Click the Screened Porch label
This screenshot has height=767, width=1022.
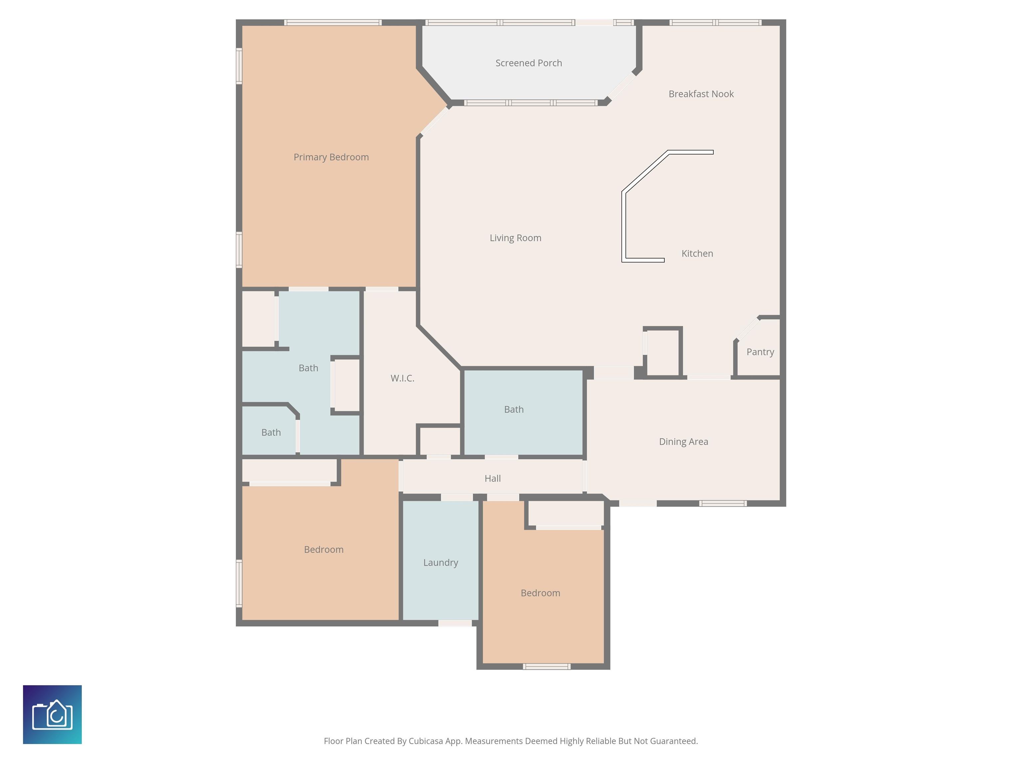click(529, 63)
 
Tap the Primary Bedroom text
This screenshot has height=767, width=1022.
click(331, 157)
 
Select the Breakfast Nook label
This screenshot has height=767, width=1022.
click(701, 94)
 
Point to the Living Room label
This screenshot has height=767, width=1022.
click(515, 238)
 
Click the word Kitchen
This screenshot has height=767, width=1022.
click(697, 253)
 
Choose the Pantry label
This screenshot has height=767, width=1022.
click(760, 352)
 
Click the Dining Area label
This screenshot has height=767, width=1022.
click(683, 441)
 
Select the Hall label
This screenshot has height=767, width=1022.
click(492, 478)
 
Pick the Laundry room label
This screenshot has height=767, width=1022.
click(441, 563)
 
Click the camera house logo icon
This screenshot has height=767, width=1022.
click(52, 715)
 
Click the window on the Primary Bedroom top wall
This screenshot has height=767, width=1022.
click(333, 22)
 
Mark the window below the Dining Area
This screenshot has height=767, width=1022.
click(723, 503)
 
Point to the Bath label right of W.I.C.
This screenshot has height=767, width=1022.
click(514, 409)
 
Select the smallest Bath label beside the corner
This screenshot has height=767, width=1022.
click(271, 433)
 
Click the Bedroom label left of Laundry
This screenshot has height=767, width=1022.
click(323, 550)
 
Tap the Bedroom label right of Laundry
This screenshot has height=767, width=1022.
click(540, 593)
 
